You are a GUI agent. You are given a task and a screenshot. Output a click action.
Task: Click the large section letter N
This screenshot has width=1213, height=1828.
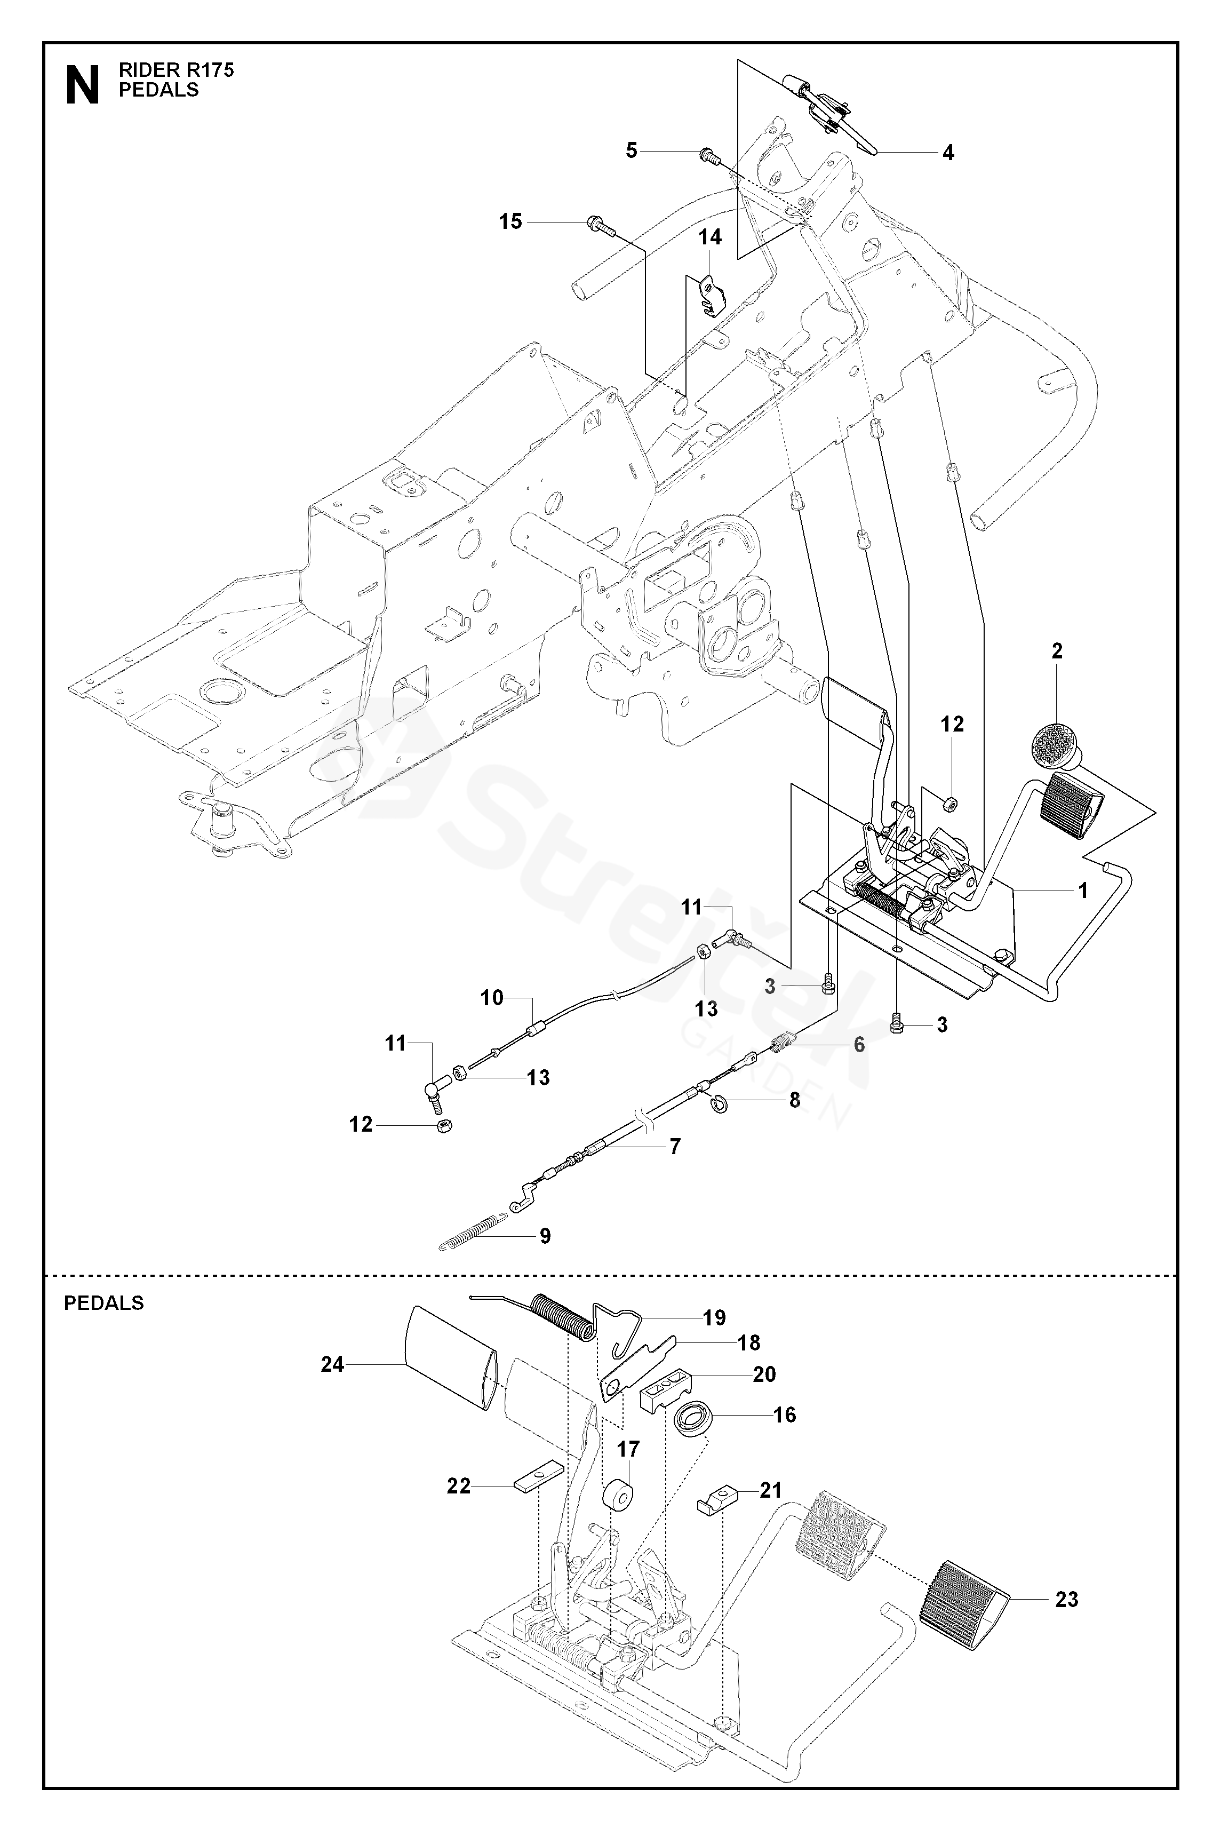coord(83,84)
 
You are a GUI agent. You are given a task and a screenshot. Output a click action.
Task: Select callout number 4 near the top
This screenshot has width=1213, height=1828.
coord(948,153)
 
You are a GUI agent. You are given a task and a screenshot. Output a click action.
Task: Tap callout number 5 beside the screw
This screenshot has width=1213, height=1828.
coord(631,150)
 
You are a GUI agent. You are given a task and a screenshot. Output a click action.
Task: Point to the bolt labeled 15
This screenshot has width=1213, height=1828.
coord(600,225)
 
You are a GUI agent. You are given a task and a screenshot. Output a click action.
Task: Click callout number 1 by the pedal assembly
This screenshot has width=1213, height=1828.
coord(1083,891)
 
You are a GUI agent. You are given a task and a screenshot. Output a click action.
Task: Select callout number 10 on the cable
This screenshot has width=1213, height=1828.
coord(492,998)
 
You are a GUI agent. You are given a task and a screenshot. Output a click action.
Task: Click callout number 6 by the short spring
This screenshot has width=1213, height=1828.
coord(859,1044)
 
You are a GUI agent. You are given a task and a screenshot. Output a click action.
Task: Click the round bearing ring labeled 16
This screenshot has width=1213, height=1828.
coord(691,1419)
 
